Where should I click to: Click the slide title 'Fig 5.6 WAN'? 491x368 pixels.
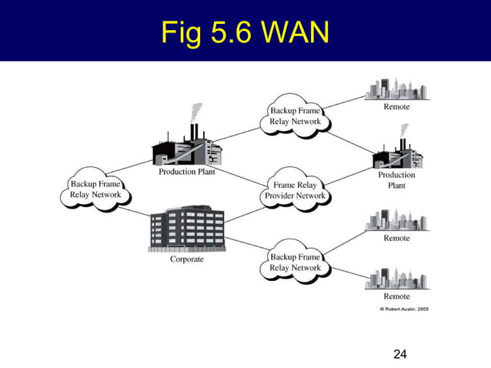(x=245, y=32)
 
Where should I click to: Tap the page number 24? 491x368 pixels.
(x=399, y=354)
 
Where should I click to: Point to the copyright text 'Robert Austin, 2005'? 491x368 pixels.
(x=404, y=309)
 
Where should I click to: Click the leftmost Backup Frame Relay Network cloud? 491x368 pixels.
(x=95, y=189)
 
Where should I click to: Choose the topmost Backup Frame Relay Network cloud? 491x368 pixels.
(x=296, y=116)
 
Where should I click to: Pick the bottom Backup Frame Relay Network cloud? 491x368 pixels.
(x=296, y=262)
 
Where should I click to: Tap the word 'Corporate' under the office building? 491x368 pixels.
(x=186, y=259)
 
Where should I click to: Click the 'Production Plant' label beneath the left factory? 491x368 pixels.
(x=187, y=172)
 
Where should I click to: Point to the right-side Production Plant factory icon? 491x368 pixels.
(x=397, y=154)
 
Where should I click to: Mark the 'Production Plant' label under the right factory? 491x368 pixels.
(x=396, y=180)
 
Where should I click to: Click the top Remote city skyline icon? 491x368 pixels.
(x=397, y=89)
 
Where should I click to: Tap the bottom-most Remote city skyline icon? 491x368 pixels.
(x=397, y=278)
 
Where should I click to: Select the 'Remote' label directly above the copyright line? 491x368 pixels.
(x=397, y=296)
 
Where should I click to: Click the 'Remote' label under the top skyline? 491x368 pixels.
(x=397, y=107)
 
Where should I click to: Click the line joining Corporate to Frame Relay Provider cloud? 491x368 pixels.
(x=245, y=212)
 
